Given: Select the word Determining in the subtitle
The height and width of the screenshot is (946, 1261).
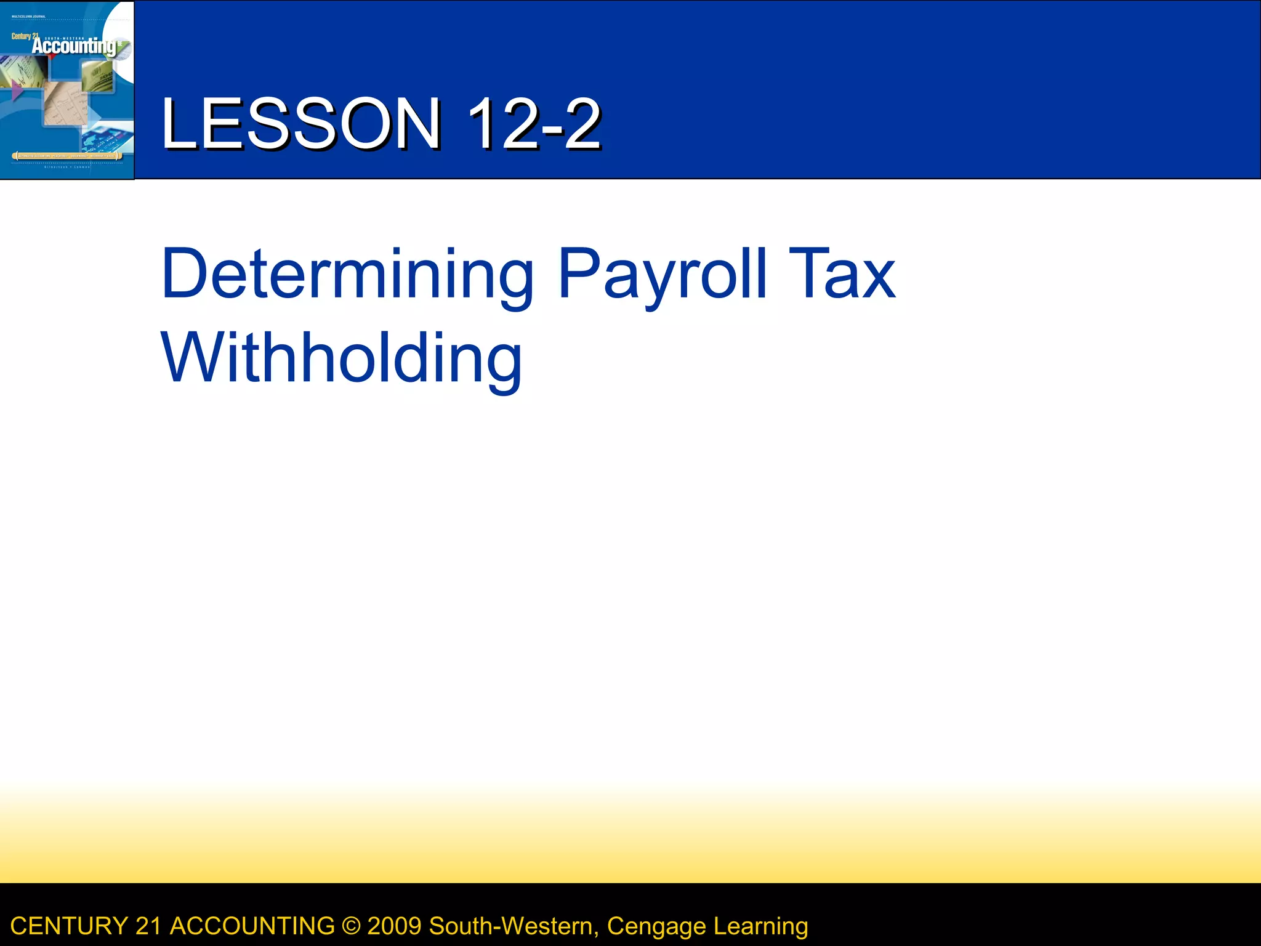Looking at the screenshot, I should tap(347, 274).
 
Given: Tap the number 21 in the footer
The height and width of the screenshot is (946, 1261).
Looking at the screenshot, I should tap(148, 926).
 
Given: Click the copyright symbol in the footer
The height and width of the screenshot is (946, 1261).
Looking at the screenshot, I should tap(351, 926).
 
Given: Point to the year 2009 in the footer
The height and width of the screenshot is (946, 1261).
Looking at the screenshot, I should tap(395, 926).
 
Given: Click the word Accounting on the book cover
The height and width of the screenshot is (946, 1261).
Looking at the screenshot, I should tap(74, 46).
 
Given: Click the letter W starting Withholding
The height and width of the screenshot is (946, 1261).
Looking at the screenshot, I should tap(187, 357).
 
